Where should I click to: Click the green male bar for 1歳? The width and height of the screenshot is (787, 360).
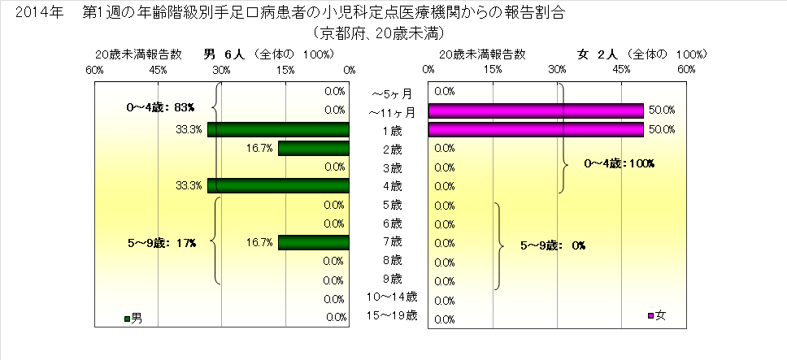278,129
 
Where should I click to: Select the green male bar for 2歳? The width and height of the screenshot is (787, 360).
313,148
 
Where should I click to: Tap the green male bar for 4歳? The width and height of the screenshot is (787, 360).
278,186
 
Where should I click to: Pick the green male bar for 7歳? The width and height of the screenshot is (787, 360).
313,242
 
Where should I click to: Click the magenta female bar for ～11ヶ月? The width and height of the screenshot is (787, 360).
536,110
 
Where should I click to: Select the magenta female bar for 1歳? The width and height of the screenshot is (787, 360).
536,129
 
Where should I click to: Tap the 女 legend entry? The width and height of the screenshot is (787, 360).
656,314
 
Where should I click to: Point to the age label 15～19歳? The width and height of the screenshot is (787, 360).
392,315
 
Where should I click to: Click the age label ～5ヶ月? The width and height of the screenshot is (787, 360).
392,93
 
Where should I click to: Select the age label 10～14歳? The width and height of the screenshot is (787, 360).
392,297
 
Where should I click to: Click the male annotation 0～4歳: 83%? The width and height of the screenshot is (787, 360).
163,106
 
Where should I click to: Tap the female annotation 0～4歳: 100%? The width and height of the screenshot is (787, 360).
620,163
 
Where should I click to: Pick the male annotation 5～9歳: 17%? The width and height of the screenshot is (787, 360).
163,242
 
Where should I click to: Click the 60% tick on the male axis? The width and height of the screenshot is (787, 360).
94,71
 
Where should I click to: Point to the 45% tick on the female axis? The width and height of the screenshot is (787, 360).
622,71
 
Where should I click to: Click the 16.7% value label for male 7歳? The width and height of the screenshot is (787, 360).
257,242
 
